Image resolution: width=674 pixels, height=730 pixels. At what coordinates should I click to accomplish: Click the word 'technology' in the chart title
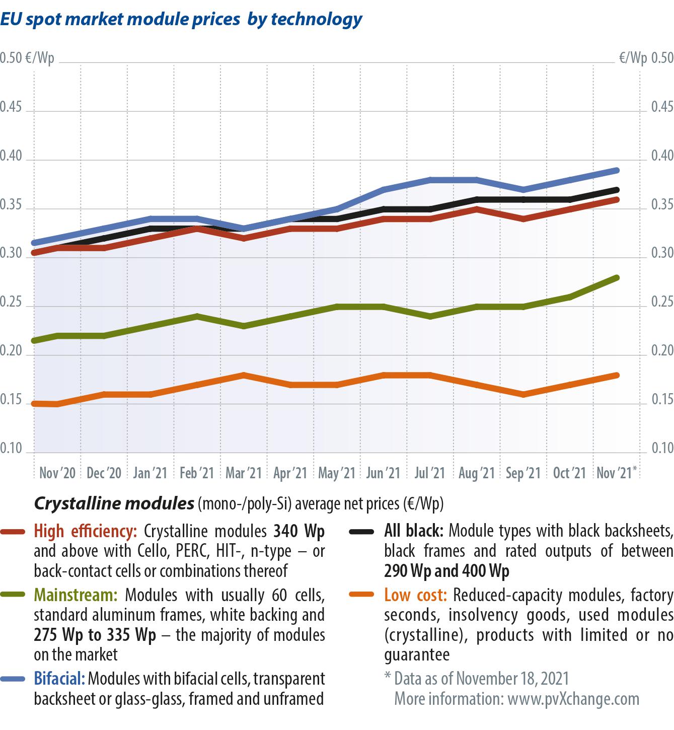pyautogui.click(x=317, y=19)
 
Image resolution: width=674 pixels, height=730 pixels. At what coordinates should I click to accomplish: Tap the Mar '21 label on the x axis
pyautogui.click(x=244, y=473)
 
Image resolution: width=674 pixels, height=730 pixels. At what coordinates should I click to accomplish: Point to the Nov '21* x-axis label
pyautogui.click(x=617, y=473)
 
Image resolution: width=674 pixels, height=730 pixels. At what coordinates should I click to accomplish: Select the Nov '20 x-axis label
pyautogui.click(x=57, y=473)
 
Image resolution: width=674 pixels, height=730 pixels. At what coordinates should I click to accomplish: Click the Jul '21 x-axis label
pyautogui.click(x=429, y=473)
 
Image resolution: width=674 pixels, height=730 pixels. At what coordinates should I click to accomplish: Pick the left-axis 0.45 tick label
pyautogui.click(x=11, y=107)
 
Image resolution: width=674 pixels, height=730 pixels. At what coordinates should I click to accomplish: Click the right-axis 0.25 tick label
pyautogui.click(x=662, y=302)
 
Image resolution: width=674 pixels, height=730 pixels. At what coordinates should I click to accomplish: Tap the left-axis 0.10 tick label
pyautogui.click(x=11, y=448)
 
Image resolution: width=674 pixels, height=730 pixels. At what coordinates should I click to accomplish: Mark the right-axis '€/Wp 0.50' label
pyautogui.click(x=646, y=58)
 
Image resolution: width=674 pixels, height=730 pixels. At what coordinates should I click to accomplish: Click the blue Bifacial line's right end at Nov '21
pyautogui.click(x=617, y=171)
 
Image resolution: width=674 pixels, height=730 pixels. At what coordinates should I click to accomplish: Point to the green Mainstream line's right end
pyautogui.click(x=617, y=278)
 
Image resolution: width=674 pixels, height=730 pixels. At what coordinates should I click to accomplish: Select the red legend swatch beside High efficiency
pyautogui.click(x=13, y=532)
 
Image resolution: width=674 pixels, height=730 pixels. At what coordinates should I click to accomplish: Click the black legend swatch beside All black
pyautogui.click(x=361, y=532)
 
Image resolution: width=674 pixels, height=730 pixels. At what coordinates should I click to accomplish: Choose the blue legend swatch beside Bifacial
pyautogui.click(x=13, y=679)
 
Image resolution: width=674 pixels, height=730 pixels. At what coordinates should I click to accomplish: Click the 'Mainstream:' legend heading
pyautogui.click(x=76, y=595)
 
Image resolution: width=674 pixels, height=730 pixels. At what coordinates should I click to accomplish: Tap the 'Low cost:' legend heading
pyautogui.click(x=415, y=595)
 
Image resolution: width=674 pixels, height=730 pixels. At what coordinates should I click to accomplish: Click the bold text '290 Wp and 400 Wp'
pyautogui.click(x=446, y=571)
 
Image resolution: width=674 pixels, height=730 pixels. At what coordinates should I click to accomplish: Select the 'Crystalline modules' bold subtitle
pyautogui.click(x=114, y=503)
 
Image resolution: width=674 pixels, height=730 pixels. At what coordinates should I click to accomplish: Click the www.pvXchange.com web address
pyautogui.click(x=573, y=699)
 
